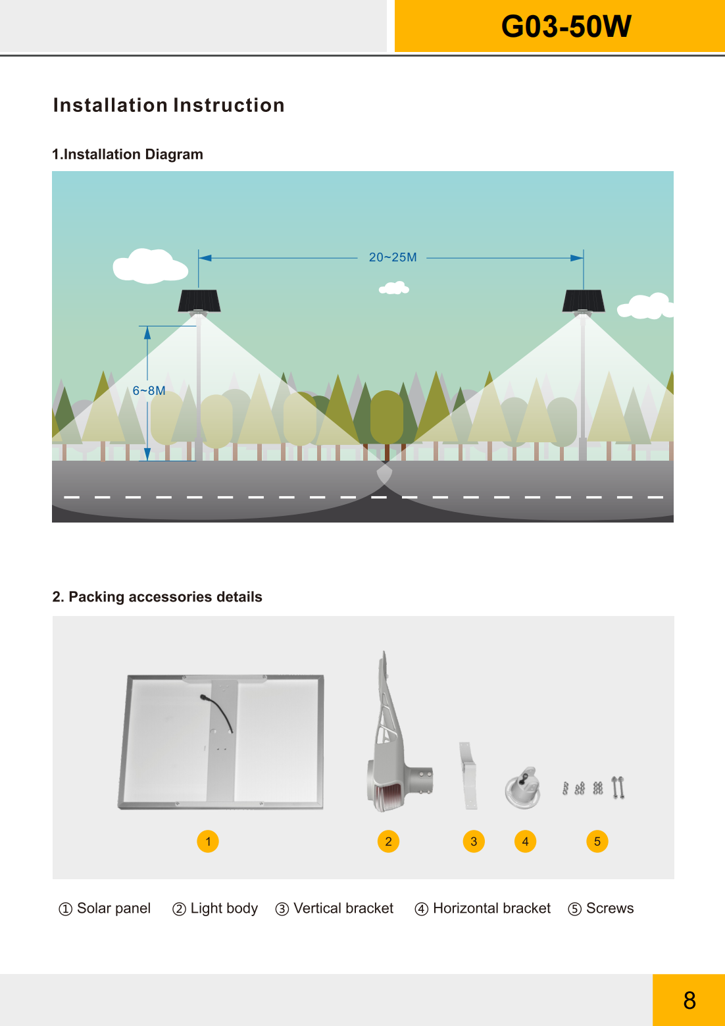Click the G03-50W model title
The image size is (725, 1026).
tap(566, 26)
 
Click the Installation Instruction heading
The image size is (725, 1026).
tap(169, 105)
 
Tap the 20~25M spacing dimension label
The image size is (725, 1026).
tap(393, 257)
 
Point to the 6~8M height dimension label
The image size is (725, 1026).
tap(149, 391)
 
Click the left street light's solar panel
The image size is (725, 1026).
tap(199, 301)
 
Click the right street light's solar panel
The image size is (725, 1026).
tap(584, 301)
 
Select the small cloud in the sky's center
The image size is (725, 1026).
tap(394, 288)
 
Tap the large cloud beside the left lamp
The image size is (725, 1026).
tap(150, 266)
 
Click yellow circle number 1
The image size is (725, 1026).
tap(208, 842)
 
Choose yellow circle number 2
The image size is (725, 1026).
tap(388, 842)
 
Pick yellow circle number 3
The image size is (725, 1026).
tap(474, 842)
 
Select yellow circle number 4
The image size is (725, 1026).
tap(525, 842)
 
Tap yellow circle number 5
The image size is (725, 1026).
tap(597, 842)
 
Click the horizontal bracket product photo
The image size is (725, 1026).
tap(522, 787)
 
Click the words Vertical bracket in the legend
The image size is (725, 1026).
tap(343, 908)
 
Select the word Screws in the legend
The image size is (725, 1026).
tap(610, 908)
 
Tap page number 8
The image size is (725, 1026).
tap(689, 1001)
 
